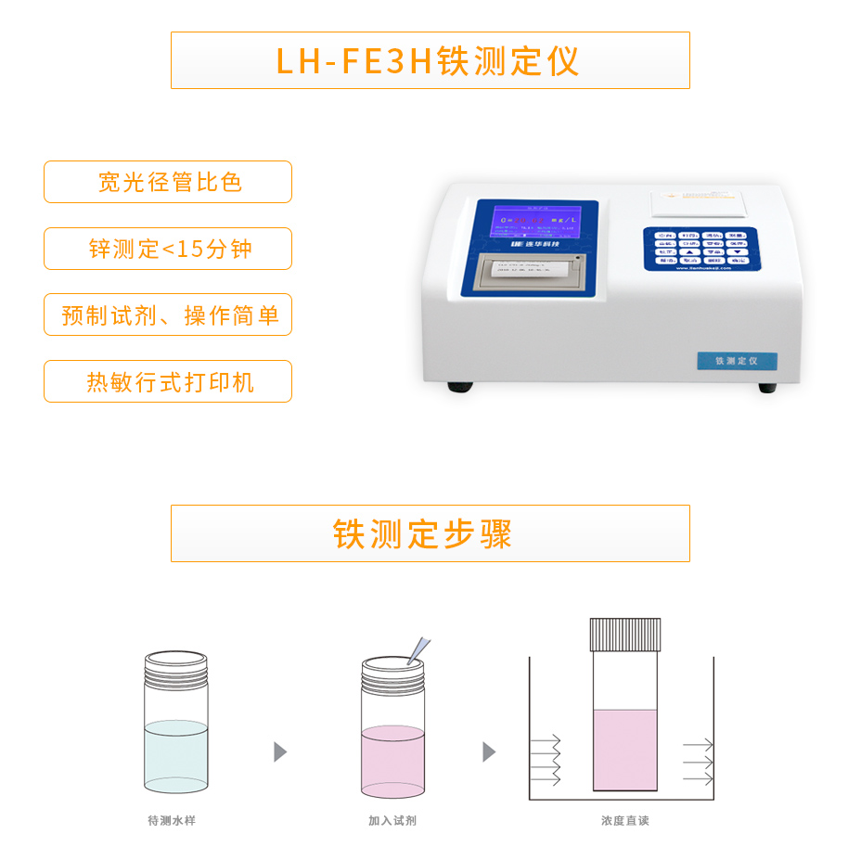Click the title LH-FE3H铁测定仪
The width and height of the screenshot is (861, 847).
[430, 61]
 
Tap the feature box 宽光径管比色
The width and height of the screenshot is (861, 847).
[168, 182]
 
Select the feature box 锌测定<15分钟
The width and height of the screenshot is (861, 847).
[168, 249]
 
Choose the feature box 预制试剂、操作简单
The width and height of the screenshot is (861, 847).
[168, 315]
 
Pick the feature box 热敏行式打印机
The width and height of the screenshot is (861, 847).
[168, 382]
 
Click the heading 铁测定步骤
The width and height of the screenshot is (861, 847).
[430, 533]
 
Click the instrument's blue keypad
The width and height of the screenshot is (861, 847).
[700, 248]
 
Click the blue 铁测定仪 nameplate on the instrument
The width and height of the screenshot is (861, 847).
[737, 361]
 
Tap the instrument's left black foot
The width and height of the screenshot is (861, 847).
[459, 387]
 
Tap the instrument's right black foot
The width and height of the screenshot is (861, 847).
[767, 388]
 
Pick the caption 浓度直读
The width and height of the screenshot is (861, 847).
[624, 821]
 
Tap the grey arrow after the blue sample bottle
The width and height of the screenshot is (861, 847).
[280, 751]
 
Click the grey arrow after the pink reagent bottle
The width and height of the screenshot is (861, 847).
[489, 751]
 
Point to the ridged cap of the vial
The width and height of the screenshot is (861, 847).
[625, 634]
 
